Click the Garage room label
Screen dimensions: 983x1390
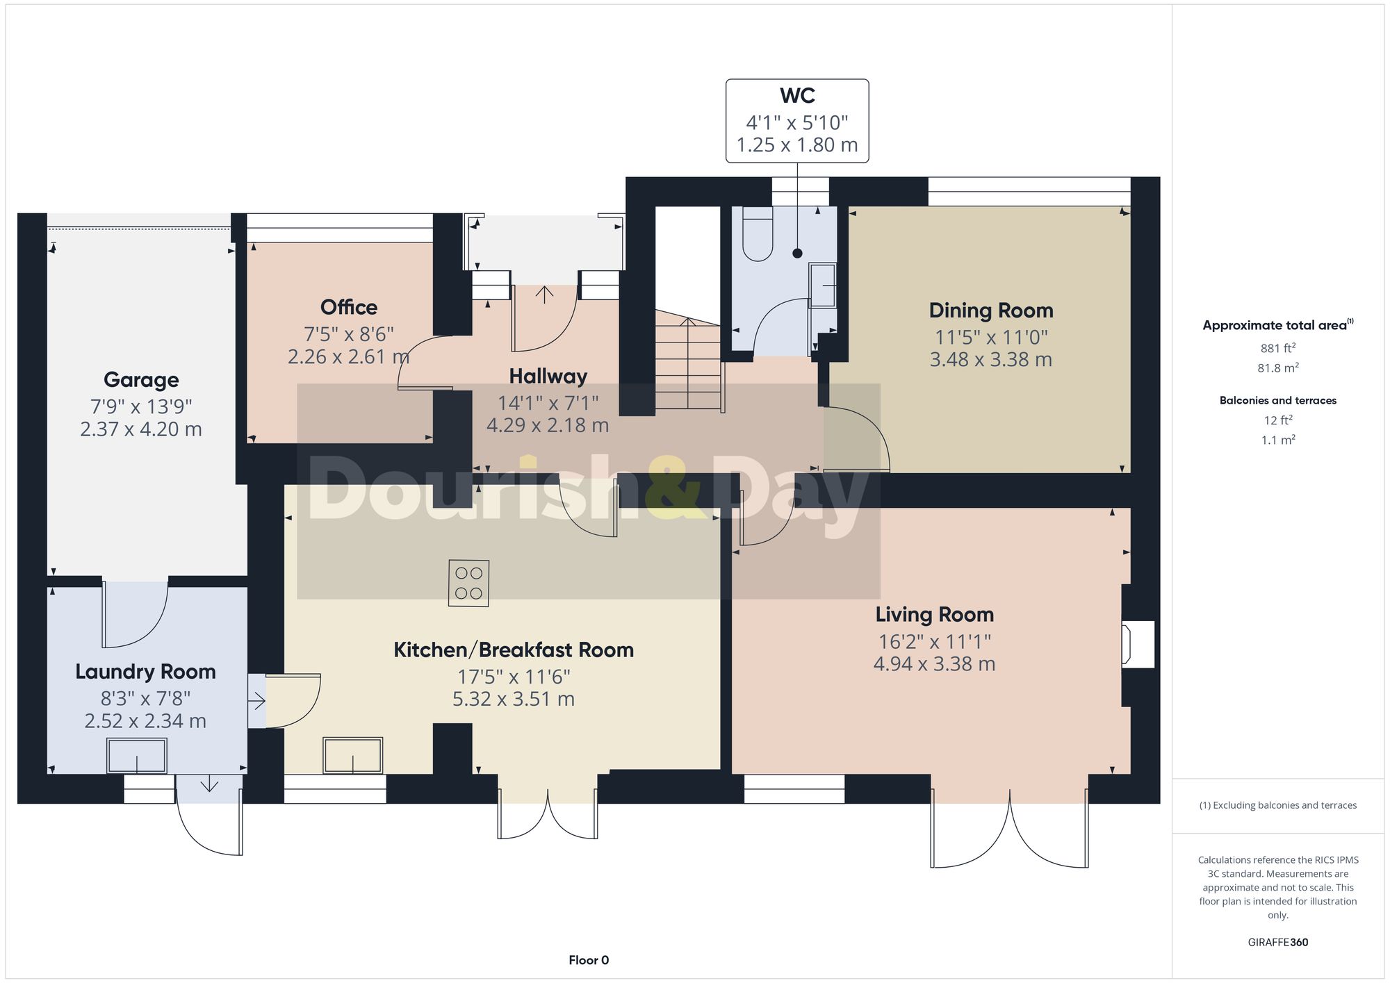[141, 380]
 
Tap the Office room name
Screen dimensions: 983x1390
[349, 307]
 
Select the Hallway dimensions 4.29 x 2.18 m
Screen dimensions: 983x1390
[548, 425]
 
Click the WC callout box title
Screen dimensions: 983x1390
[797, 96]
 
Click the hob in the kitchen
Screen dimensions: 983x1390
[468, 584]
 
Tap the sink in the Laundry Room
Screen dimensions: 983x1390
[137, 756]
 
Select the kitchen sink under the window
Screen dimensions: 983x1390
[353, 756]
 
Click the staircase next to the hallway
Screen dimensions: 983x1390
[688, 365]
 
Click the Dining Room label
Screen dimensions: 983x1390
[990, 311]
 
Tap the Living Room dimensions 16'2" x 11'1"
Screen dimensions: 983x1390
[934, 642]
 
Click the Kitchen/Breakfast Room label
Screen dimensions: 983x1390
[514, 650]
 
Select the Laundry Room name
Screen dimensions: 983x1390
[145, 672]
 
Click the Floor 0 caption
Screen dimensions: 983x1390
[589, 960]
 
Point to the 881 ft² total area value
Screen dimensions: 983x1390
[1277, 348]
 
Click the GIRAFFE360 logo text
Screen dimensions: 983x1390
[1277, 943]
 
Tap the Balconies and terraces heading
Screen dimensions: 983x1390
[1277, 400]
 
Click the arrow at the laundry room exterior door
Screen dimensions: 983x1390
[209, 786]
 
